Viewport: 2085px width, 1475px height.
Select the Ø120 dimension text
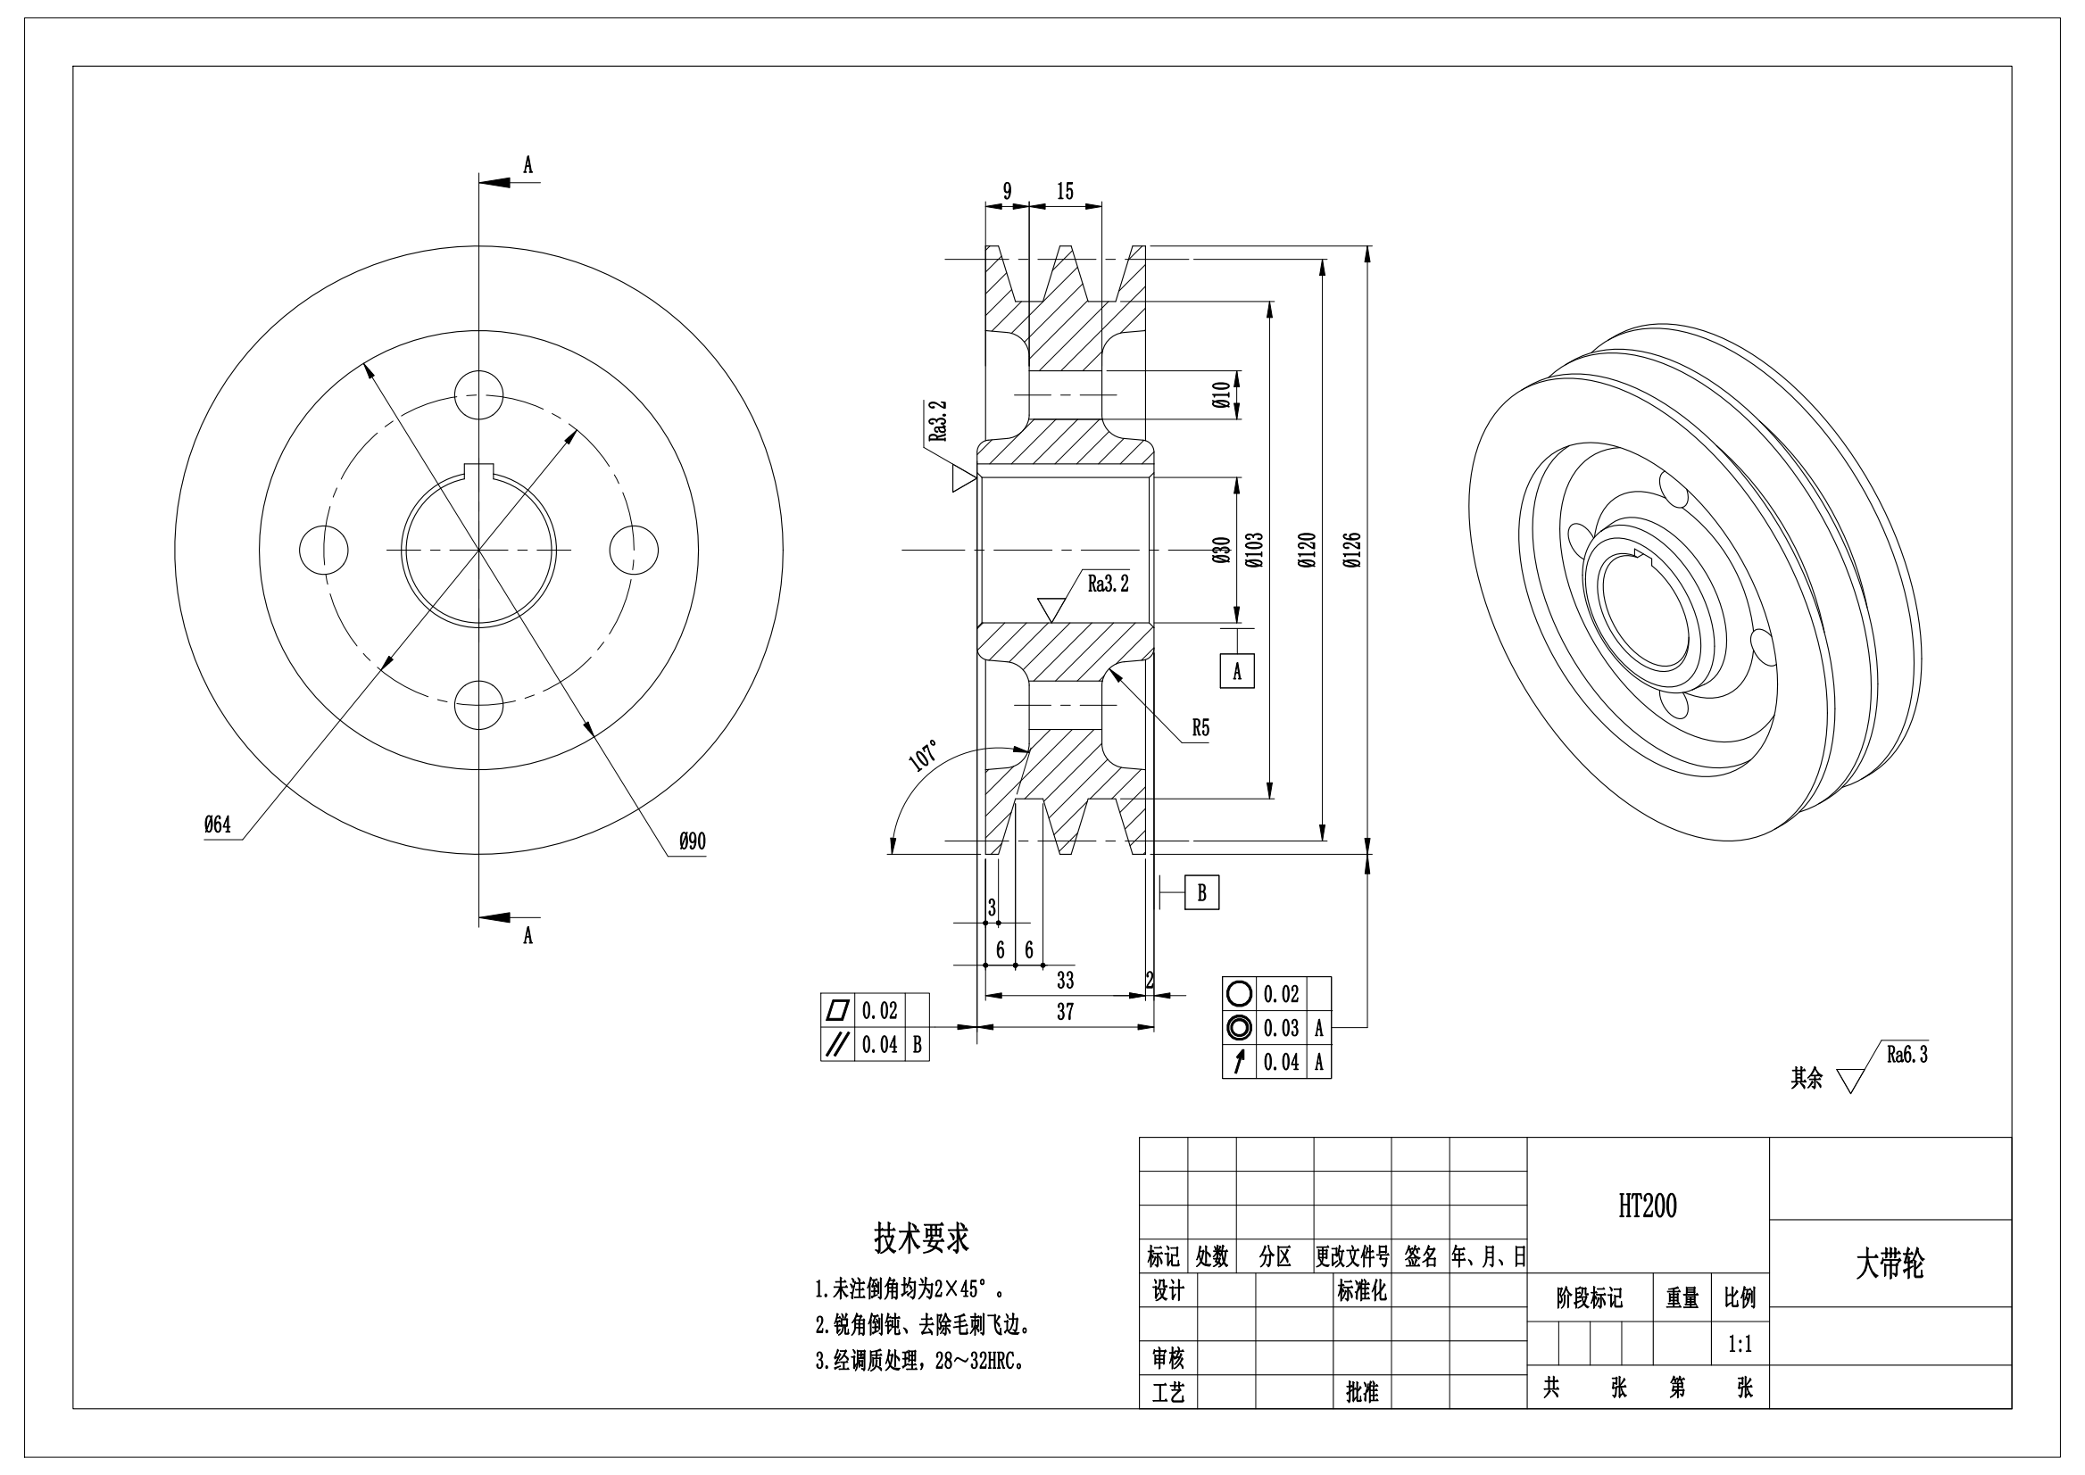pos(1307,551)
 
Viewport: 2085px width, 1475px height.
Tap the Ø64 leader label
pos(217,825)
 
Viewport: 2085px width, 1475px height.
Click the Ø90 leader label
pos(693,842)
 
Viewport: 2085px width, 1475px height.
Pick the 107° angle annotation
pos(924,756)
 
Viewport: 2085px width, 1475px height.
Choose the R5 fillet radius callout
pos(1200,727)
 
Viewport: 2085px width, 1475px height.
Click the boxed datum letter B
pos(1201,893)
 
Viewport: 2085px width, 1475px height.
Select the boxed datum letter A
pos(1236,671)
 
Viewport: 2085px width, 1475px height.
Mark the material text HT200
pos(1647,1206)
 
